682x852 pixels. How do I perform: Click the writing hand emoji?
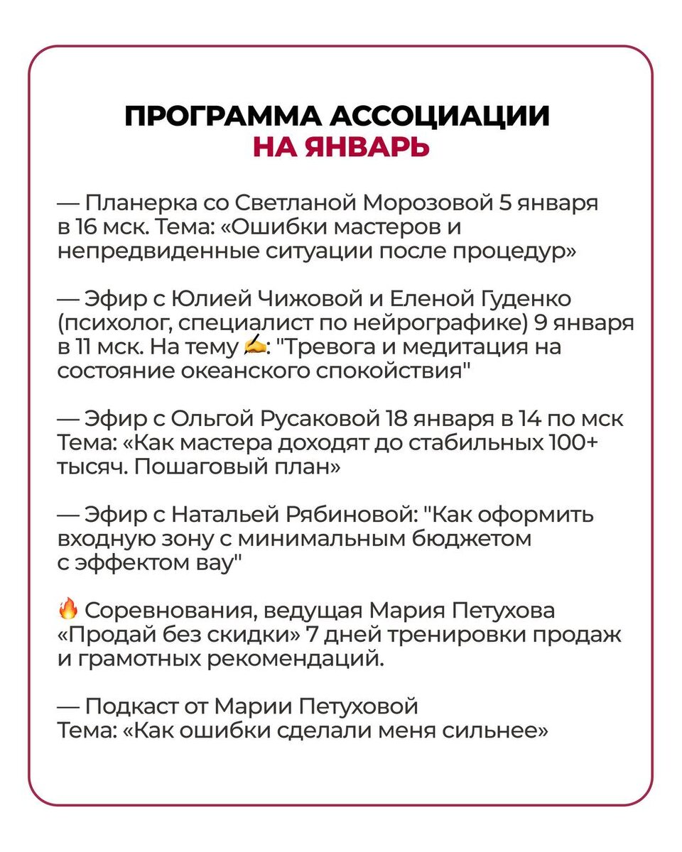[254, 346]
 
